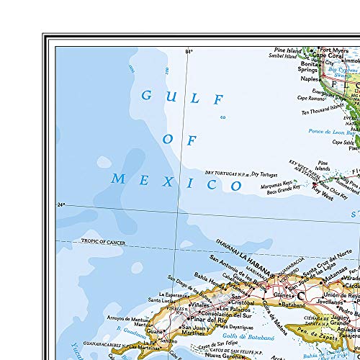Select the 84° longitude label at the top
pyautogui.click(x=189, y=52)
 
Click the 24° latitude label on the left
pyautogui.click(x=62, y=205)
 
